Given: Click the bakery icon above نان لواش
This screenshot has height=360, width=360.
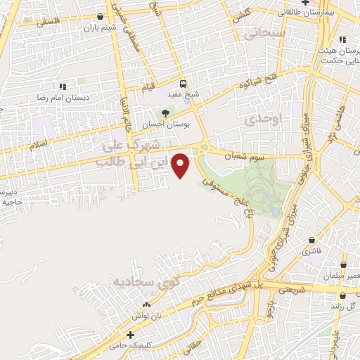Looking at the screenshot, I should click(146, 304).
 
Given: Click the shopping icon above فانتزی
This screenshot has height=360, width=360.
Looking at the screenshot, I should click(310, 239).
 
